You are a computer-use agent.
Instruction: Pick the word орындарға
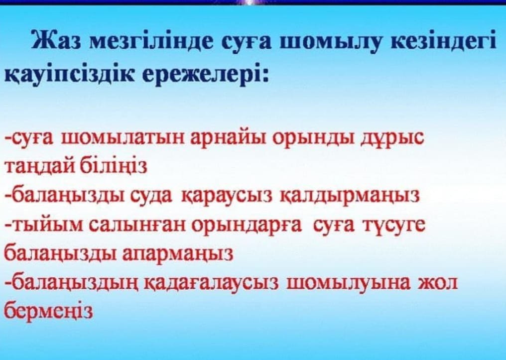click(247, 225)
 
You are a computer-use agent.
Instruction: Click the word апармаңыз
click(178, 254)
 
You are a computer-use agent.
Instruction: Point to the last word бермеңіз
click(49, 311)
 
